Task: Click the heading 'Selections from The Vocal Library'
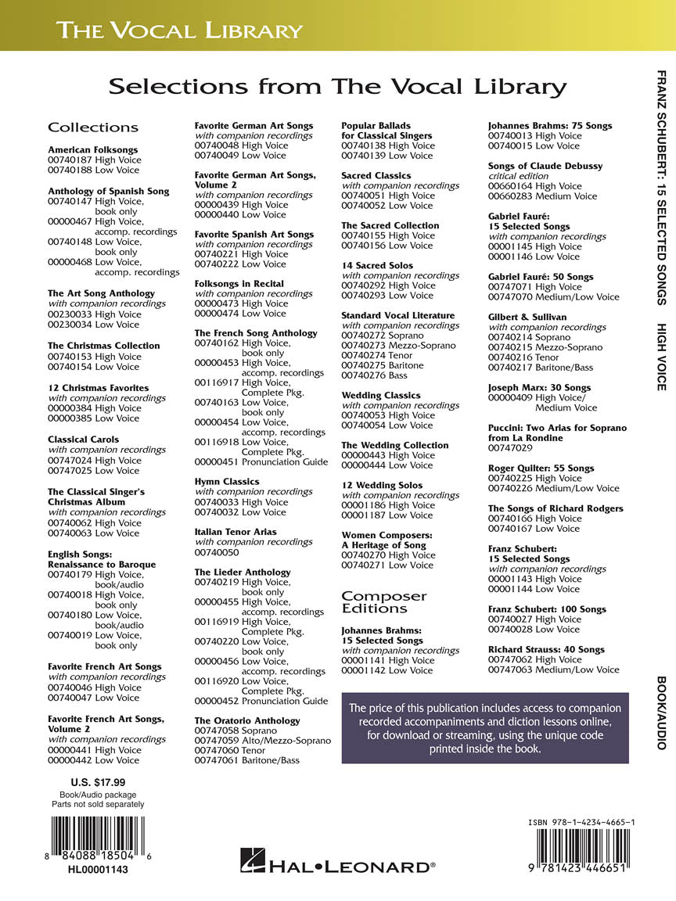(x=337, y=86)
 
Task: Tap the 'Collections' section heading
(x=93, y=127)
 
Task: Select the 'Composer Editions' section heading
(x=384, y=601)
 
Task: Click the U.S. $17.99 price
(x=98, y=781)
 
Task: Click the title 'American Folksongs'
(x=92, y=149)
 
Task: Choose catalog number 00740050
(x=217, y=552)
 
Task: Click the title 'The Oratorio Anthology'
(x=246, y=720)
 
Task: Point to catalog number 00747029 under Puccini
(x=511, y=448)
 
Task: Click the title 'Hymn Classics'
(x=227, y=482)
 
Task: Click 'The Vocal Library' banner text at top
(x=179, y=31)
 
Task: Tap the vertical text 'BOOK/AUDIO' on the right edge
(x=660, y=713)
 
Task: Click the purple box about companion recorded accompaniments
(x=485, y=728)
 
